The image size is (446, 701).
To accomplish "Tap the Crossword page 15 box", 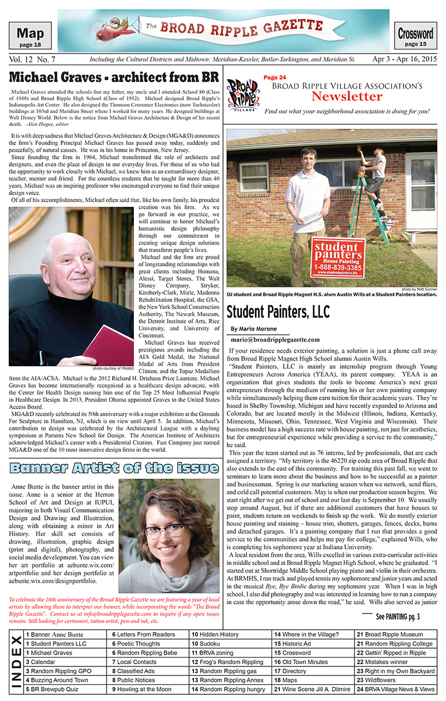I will [x=415, y=37].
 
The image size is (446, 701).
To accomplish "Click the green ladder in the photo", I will [x=367, y=206].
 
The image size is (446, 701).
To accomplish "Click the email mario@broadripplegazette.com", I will [x=275, y=339].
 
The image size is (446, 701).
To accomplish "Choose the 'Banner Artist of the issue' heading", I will [x=114, y=467].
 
